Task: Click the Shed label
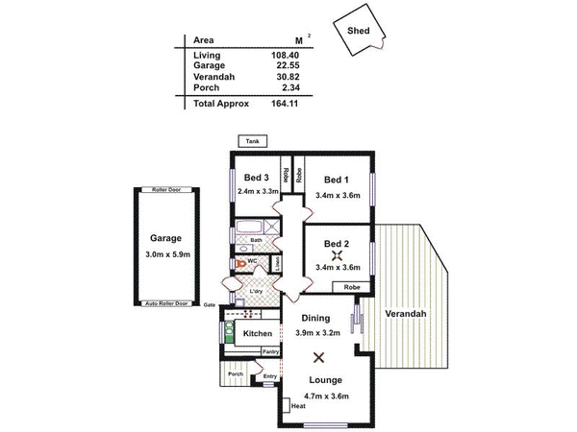358,31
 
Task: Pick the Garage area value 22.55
276,66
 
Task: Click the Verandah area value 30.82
276,77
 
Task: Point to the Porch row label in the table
206,87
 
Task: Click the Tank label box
253,141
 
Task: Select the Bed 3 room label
256,178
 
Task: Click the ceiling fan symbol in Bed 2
336,255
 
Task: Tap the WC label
252,261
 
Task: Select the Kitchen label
258,333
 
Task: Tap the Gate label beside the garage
209,304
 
